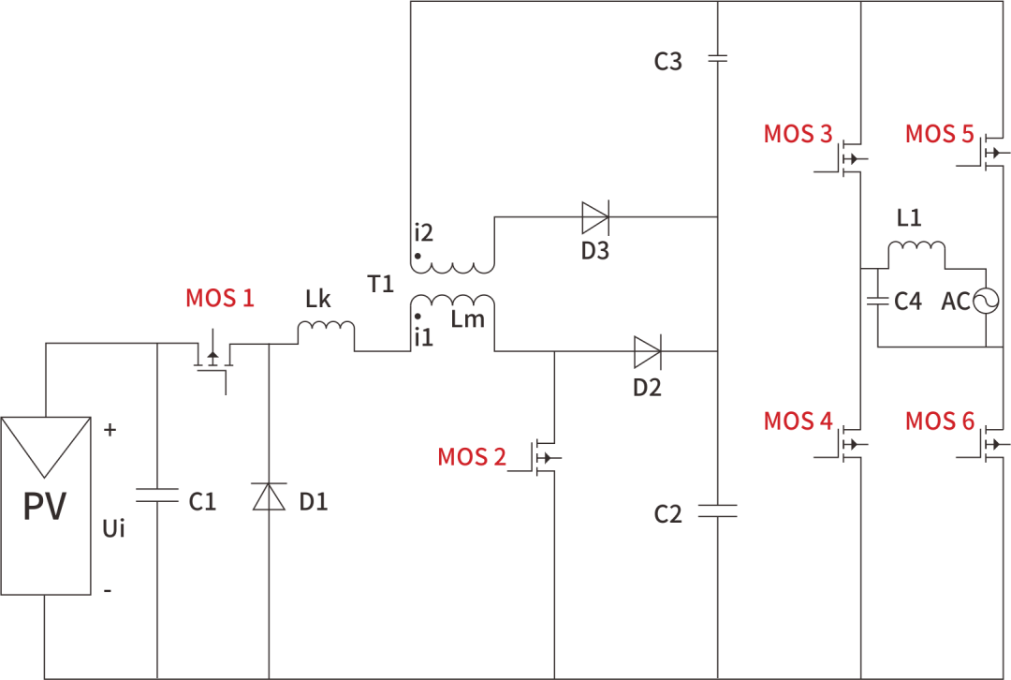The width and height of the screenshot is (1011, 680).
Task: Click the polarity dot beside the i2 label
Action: pos(418,256)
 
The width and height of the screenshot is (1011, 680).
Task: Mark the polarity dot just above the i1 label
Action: pos(418,317)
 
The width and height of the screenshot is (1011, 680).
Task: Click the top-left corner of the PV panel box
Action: pos(1,418)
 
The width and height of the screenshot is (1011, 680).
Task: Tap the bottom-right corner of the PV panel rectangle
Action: pos(90,594)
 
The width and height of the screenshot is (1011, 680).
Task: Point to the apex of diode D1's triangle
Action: pos(269,484)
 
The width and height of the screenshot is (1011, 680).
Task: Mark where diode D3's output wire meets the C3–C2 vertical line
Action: pos(718,216)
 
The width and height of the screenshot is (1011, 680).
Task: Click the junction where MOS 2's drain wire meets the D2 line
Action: pos(554,351)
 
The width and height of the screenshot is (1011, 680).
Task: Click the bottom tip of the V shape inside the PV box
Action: pos(45,478)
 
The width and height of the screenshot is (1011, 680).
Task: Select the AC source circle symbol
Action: pos(987,301)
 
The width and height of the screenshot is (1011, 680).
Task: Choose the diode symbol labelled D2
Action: pos(648,351)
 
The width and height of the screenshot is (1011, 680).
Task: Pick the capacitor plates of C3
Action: pos(718,59)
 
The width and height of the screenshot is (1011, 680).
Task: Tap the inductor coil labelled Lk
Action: pos(326,329)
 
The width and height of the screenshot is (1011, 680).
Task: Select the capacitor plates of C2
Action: pos(718,511)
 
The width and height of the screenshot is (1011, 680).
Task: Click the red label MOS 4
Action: pos(799,421)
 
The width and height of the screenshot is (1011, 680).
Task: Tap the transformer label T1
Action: pos(380,284)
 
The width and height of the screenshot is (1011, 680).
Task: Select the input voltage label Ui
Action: pos(113,528)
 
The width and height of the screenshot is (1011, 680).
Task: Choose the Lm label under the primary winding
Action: pos(467,318)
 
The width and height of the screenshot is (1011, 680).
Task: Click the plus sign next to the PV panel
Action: pos(110,430)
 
